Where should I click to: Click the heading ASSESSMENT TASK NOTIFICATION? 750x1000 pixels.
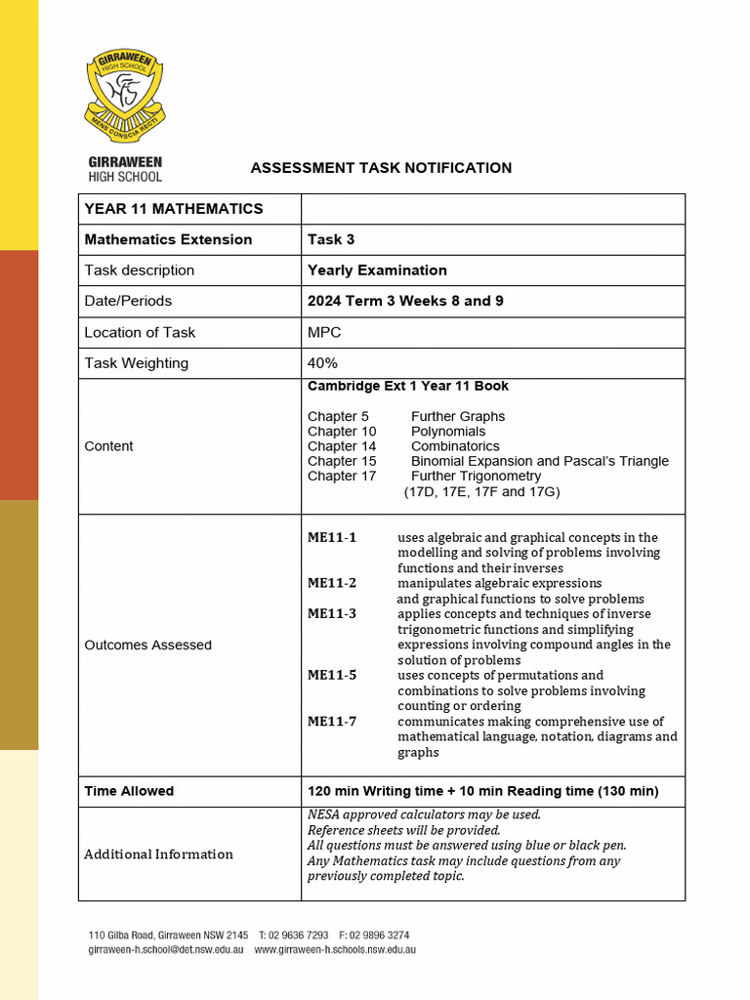pos(381,168)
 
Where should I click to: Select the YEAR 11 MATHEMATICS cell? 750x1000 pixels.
pos(174,209)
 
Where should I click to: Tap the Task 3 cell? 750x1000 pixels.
pos(331,239)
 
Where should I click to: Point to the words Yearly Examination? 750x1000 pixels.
pos(377,271)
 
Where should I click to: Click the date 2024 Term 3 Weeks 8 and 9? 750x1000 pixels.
pos(405,301)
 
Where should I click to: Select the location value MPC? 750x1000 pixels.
pos(324,332)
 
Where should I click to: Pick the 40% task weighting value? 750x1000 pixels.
pos(325,363)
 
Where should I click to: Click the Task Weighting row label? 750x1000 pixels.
pos(137,363)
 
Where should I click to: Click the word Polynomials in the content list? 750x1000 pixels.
pos(448,432)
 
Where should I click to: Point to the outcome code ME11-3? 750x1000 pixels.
pos(332,614)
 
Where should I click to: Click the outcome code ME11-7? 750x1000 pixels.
pos(332,722)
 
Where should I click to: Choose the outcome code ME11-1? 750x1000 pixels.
pos(332,537)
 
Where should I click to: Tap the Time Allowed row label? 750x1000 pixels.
pos(129,791)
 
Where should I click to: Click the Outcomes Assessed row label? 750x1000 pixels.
pos(147,646)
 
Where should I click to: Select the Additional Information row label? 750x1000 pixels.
pos(158,854)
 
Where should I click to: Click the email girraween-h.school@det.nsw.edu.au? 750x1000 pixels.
pos(166,949)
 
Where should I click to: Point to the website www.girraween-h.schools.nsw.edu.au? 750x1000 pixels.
pos(335,949)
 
